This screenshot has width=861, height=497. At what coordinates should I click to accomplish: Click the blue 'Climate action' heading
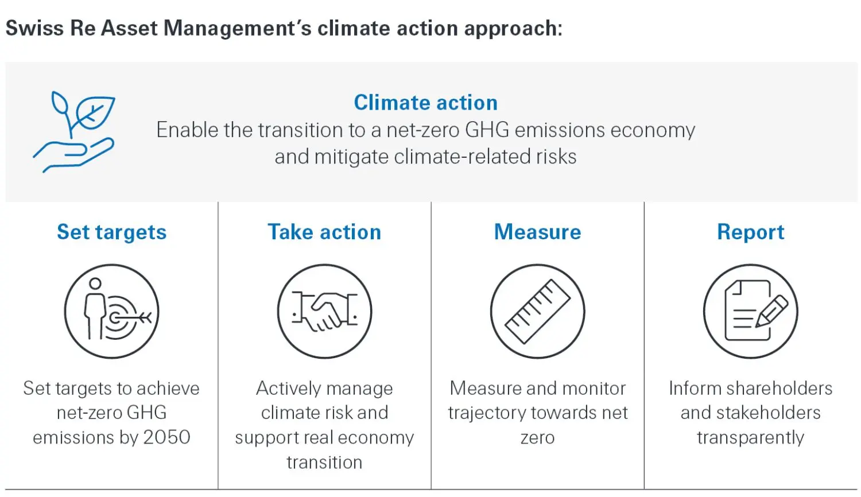tap(425, 103)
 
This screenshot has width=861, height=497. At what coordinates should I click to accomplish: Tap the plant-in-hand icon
tap(74, 131)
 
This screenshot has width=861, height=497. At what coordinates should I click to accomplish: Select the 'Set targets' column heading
tap(111, 232)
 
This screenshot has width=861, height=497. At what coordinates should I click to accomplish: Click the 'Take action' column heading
tap(324, 232)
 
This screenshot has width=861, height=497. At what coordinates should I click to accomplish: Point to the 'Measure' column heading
tap(537, 232)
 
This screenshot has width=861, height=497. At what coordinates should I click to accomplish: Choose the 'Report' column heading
tap(750, 232)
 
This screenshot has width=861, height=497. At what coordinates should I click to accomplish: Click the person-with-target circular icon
tap(111, 312)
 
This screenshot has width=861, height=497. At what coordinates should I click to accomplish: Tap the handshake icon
tap(324, 312)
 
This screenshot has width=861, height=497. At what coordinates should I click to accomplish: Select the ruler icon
tap(537, 312)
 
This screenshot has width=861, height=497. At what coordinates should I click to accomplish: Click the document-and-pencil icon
tap(750, 312)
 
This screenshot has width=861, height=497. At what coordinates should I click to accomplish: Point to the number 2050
tap(166, 437)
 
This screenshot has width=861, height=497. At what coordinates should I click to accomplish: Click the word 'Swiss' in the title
tap(35, 28)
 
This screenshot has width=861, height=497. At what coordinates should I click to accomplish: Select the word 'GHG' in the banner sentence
tap(487, 130)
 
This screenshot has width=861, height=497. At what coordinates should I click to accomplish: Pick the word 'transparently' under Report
tap(750, 438)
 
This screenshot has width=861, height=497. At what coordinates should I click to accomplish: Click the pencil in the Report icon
tap(772, 310)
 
